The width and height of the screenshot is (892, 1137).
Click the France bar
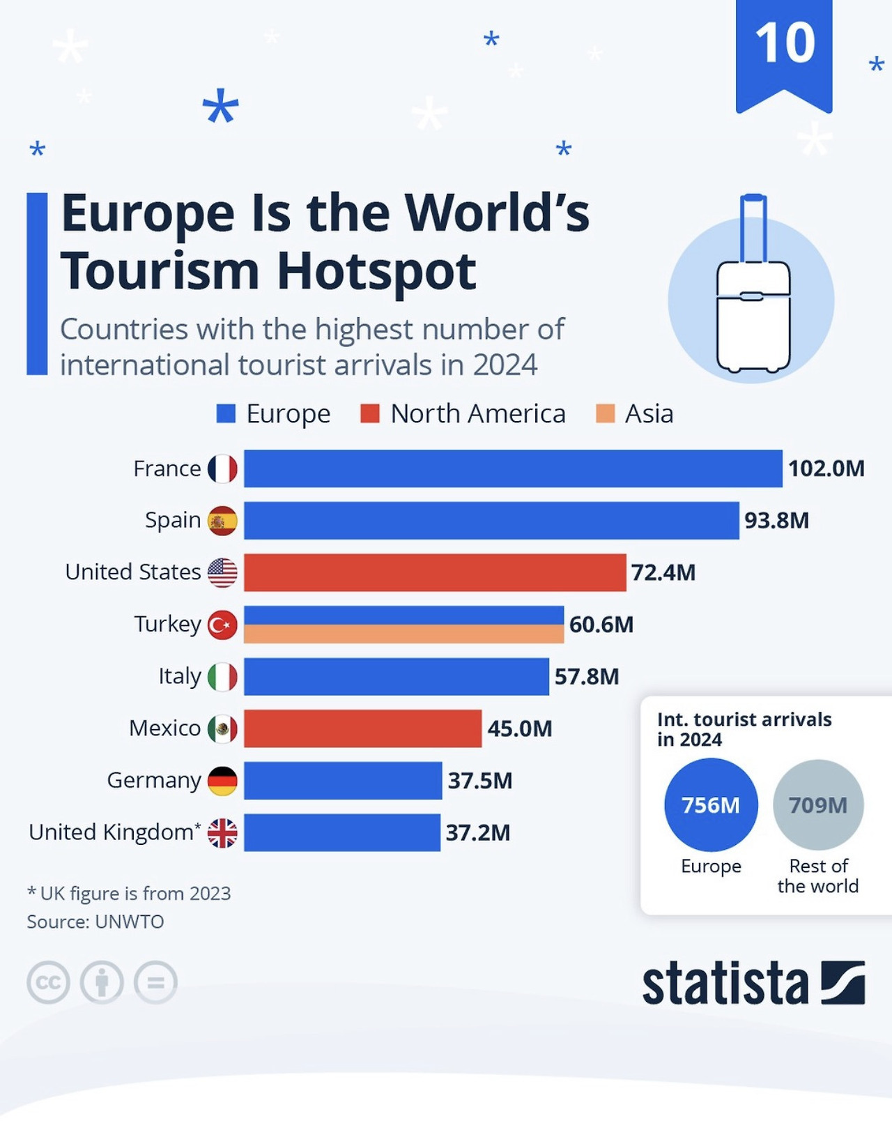[x=512, y=468]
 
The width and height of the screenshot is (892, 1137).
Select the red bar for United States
[x=434, y=572]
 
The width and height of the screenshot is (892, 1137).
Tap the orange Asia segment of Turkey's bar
[x=403, y=634]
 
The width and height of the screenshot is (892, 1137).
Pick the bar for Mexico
[x=362, y=728]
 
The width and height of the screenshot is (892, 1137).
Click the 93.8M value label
[x=776, y=521]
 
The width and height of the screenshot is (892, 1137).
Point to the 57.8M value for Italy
[x=586, y=676]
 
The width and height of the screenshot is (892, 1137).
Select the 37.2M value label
[x=478, y=832]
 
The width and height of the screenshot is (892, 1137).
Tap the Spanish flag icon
[x=222, y=521]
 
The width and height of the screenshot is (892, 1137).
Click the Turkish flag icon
[x=222, y=625]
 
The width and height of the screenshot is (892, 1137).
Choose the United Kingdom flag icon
[x=222, y=832]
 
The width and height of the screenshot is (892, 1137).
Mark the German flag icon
[x=222, y=781]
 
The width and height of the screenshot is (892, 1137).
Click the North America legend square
[x=369, y=414]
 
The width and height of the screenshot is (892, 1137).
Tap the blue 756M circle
[x=710, y=805]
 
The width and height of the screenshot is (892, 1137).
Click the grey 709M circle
[x=818, y=805]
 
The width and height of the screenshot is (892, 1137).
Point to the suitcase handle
[x=753, y=227]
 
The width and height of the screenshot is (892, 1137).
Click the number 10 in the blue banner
[x=785, y=43]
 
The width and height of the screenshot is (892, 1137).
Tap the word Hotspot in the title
[x=376, y=272]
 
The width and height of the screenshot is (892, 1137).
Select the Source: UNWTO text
[x=95, y=922]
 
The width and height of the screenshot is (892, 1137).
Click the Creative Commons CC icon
[x=48, y=983]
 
